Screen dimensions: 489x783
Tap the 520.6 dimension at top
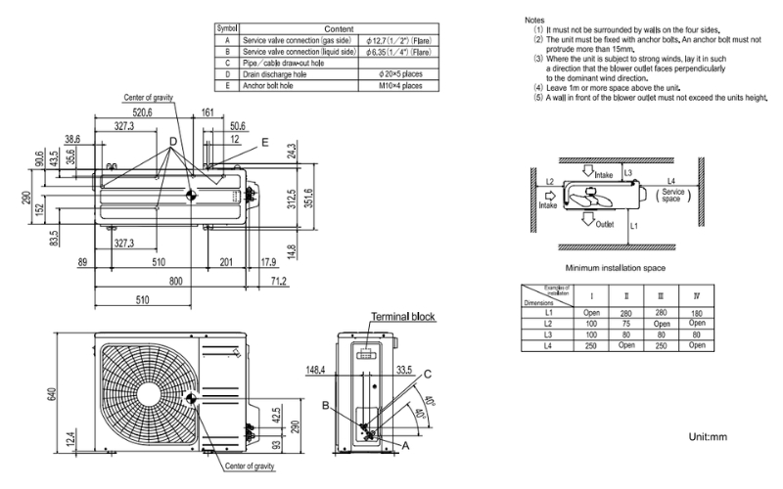pos(144,113)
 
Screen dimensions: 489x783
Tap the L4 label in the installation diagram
pos(671,180)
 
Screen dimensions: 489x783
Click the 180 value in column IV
pos(696,312)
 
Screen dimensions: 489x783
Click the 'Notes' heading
pos(534,20)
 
